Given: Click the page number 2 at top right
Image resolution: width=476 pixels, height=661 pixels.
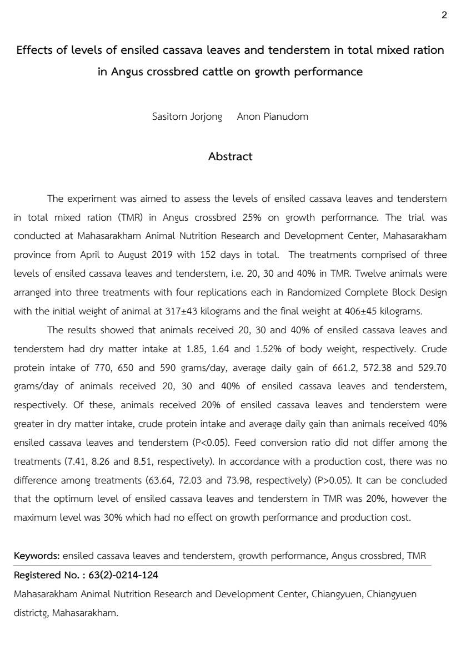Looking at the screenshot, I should (444, 16).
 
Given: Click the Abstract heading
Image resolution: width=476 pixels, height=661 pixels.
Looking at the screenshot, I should (230, 156).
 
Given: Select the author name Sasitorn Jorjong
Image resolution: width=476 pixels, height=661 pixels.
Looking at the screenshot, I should (187, 116).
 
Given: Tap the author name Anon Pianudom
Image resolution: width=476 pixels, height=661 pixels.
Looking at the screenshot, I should (272, 116).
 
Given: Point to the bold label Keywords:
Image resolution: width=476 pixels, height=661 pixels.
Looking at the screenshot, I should (37, 556).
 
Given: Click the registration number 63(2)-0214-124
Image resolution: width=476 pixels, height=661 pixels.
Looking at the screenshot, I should (123, 575).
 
